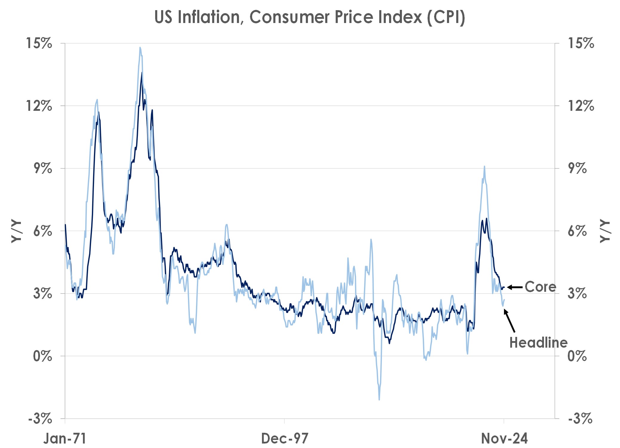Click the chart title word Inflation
click(210, 17)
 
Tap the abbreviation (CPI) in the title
click(446, 17)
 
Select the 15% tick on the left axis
click(39, 43)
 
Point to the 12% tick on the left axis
click(39, 106)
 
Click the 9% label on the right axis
click(577, 168)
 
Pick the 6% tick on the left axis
click(42, 231)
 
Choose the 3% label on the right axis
click(577, 294)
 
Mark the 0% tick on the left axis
click(42, 356)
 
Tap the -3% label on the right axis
click(580, 419)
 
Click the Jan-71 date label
click(65, 438)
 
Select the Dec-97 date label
click(285, 438)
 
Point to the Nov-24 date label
click(504, 438)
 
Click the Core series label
click(540, 287)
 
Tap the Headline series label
click(538, 343)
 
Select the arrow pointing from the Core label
click(515, 287)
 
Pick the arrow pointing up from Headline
click(509, 321)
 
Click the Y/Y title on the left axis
click(16, 231)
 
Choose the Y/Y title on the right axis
click(605, 231)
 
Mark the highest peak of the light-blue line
click(140, 47)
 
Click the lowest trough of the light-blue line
click(379, 399)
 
